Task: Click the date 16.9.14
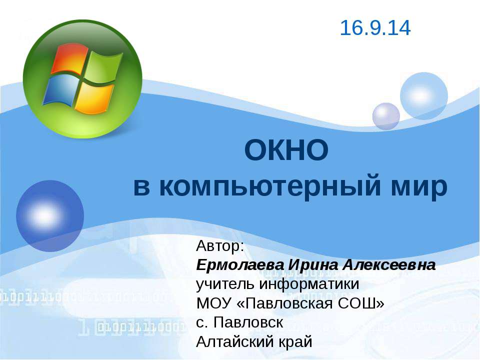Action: (x=375, y=28)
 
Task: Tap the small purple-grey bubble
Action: (x=386, y=116)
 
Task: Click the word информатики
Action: (x=309, y=284)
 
